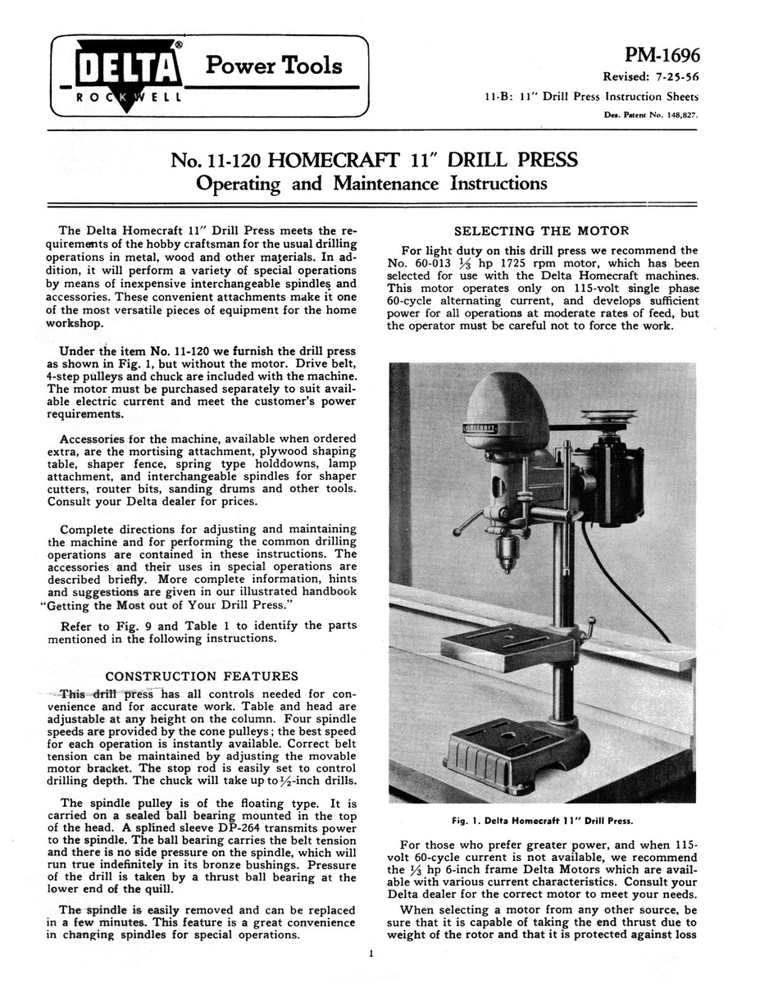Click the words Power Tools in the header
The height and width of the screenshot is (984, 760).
click(274, 66)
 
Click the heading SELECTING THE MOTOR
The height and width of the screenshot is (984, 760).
click(541, 231)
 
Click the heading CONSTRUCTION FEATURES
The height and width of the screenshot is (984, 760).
click(203, 676)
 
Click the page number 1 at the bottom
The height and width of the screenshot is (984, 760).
click(371, 954)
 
